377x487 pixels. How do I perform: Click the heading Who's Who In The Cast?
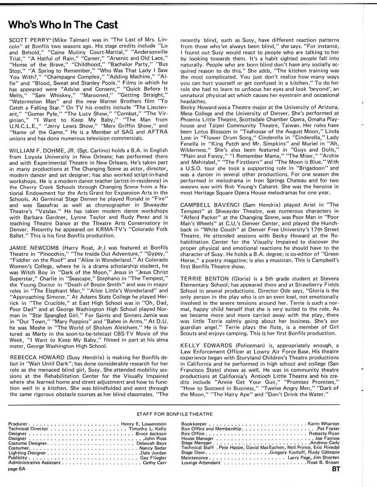tap(57, 25)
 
